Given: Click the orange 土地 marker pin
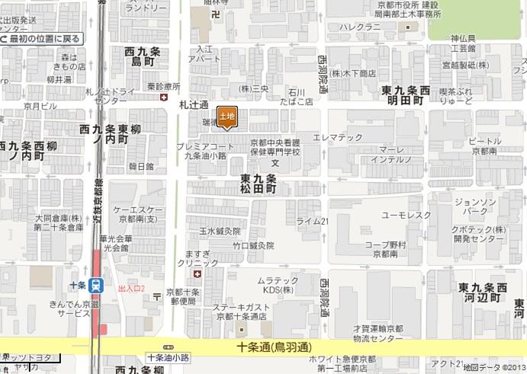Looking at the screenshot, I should pos(227,116).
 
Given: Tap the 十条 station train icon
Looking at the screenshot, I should pos(96,286).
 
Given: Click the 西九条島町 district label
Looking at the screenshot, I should pos(143,56).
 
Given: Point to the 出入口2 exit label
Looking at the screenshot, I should pos(131,289).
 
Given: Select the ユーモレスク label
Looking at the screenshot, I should pos(406,215).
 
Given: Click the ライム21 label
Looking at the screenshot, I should pos(312,221).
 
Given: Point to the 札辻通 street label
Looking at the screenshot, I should pos(194,104).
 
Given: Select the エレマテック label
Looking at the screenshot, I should pos(338,137).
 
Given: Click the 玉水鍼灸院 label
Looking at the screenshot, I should pos(220,230).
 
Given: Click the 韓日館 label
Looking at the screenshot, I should pos(141,165).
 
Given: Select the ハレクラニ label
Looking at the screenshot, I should pos(360,27).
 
